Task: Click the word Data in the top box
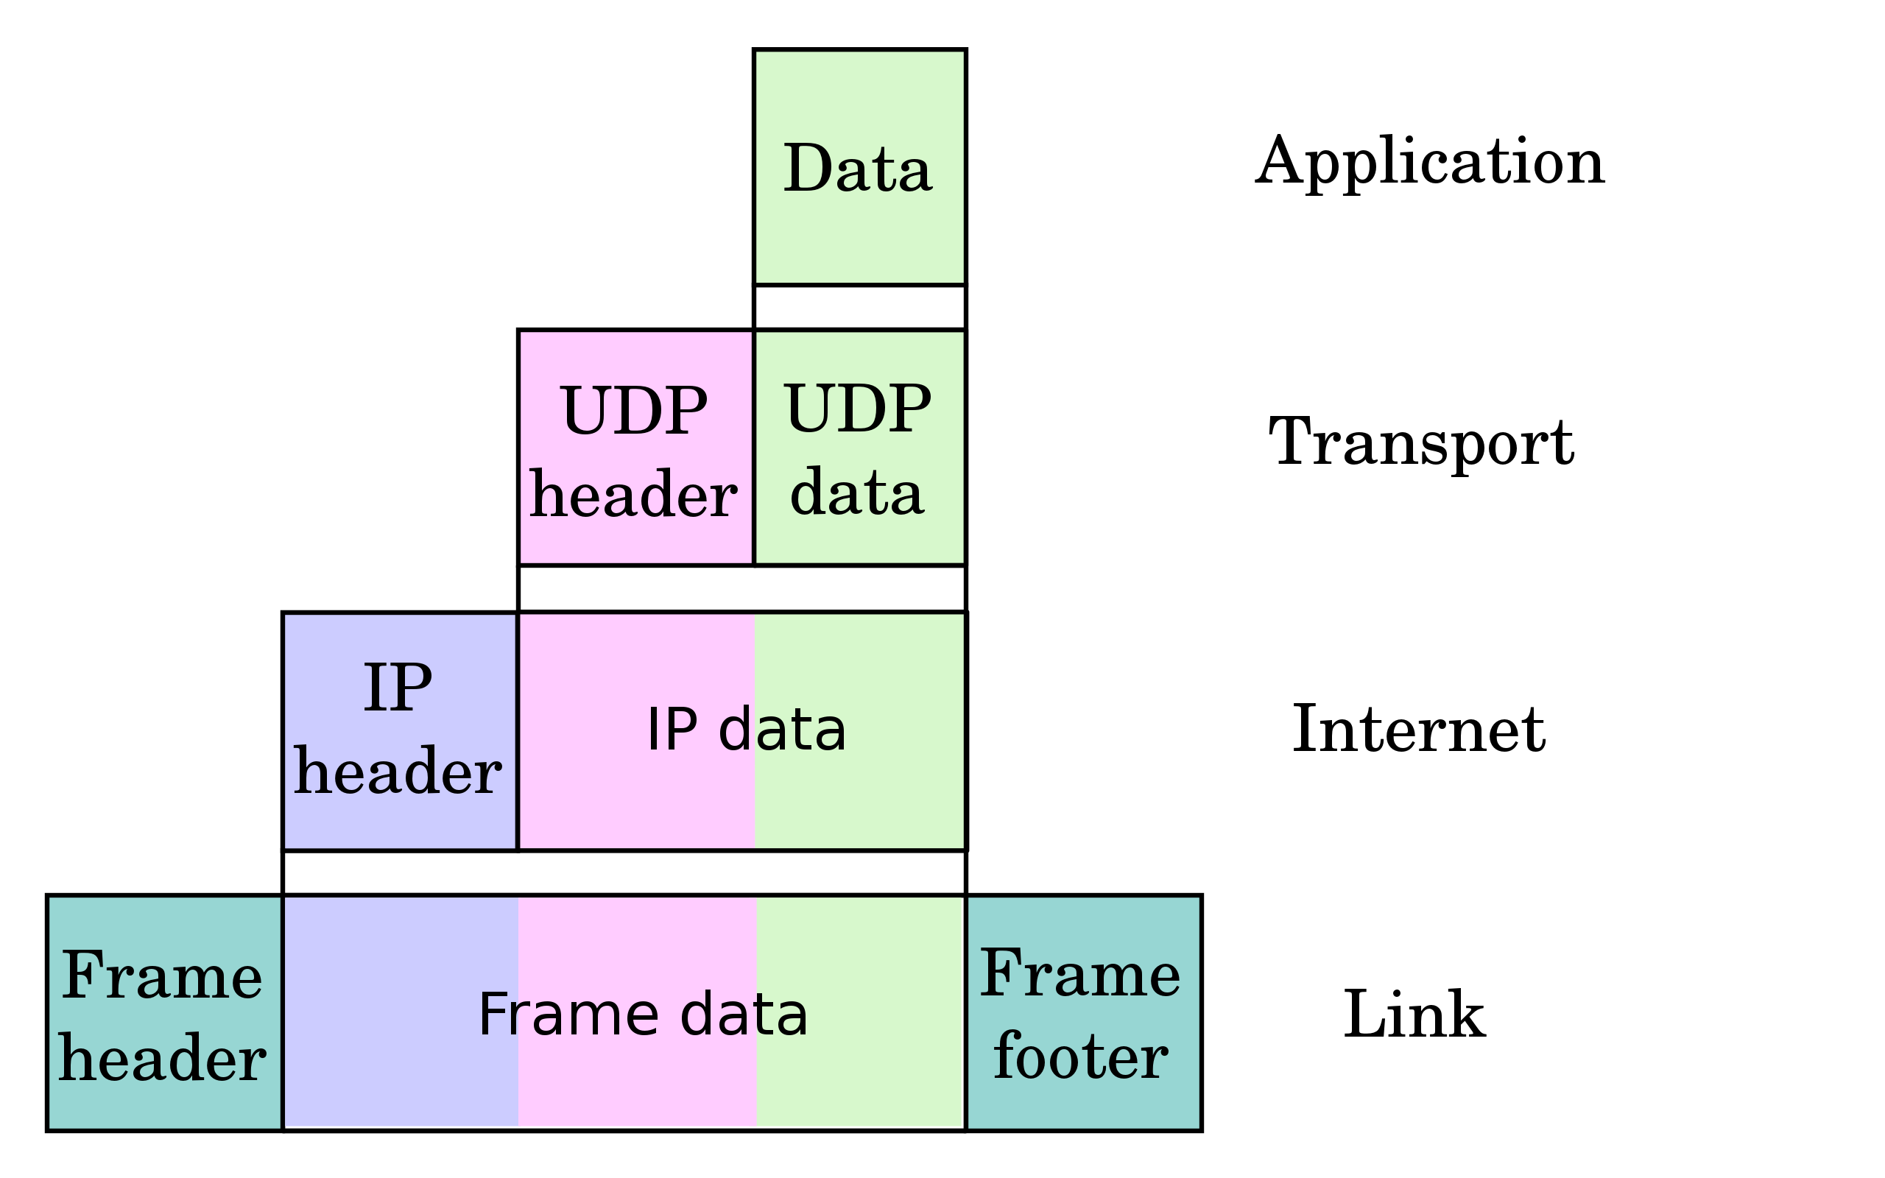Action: click(x=857, y=169)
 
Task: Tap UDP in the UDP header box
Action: click(x=633, y=411)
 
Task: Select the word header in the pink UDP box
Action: click(x=633, y=495)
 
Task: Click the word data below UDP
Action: click(x=857, y=493)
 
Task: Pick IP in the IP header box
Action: click(x=398, y=688)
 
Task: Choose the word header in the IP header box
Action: click(x=398, y=772)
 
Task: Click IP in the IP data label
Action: click(x=672, y=730)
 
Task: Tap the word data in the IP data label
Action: click(x=781, y=730)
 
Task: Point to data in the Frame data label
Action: click(x=744, y=1015)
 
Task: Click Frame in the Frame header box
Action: click(x=162, y=976)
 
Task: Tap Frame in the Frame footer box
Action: click(x=1080, y=974)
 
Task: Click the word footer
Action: click(x=1080, y=1058)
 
